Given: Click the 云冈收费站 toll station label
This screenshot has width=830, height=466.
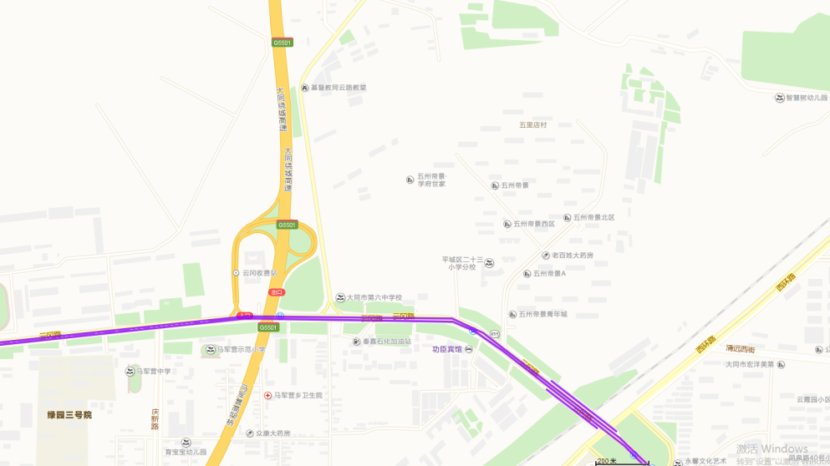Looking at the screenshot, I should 259,273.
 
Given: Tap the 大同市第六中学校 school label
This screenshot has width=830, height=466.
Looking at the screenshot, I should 374,297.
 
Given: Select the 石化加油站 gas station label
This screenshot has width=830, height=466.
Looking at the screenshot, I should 386,342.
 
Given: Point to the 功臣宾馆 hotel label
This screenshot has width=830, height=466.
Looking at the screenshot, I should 446,349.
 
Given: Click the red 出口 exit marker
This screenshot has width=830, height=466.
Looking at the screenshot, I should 277,291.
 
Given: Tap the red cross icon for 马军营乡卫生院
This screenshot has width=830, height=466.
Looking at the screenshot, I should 267,395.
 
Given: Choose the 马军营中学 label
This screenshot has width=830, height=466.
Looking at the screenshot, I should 154,371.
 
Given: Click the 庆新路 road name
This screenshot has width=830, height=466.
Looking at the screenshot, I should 155,418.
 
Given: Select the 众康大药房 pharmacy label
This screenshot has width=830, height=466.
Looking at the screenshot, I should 273,433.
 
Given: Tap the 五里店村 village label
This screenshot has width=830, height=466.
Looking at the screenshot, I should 532,124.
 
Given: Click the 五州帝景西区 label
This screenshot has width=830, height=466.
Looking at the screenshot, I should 534,224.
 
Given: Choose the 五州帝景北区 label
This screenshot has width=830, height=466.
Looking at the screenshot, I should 593,217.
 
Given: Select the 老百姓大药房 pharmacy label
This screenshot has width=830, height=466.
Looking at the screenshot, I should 573,255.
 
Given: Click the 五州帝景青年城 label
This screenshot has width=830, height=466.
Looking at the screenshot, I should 542,314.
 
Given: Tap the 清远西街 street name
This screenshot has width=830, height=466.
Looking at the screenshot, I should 740,349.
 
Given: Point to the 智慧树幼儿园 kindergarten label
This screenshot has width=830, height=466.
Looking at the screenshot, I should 805,98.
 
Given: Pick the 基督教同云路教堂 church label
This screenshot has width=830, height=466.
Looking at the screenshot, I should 339,87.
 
